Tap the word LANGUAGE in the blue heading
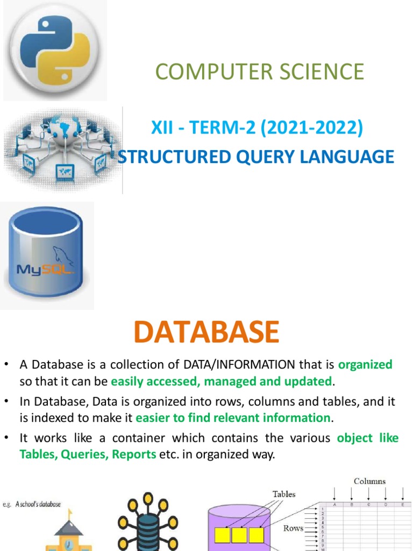coord(348,157)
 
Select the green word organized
coord(366,365)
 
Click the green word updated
coord(311,382)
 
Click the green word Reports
coord(134,455)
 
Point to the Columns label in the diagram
coord(369,481)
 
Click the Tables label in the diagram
coord(284,493)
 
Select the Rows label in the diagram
coord(293,528)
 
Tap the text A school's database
coord(38,504)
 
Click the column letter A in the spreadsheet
coord(335,505)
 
